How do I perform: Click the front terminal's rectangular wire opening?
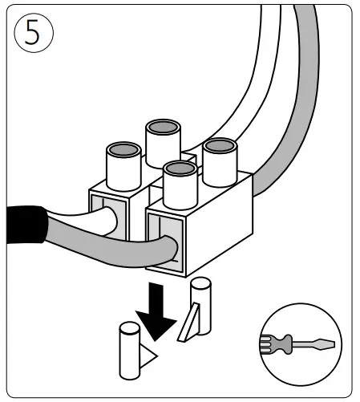tap(168, 237)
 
